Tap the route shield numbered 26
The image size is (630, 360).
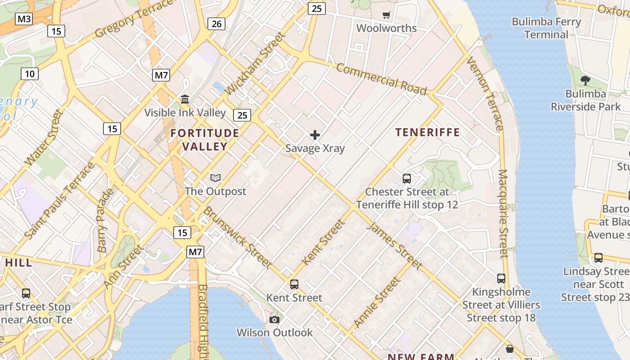[216, 24]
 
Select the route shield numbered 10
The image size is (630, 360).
[29, 74]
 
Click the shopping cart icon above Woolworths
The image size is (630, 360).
[386, 15]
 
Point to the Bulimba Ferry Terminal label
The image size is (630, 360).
[546, 28]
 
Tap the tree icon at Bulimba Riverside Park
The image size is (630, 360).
[585, 81]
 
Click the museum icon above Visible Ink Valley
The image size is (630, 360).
[185, 99]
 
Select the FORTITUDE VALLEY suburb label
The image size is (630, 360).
[205, 139]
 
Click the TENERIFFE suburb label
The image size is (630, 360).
[427, 132]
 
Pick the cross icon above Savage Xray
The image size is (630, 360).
[315, 135]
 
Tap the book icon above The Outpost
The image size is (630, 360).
[216, 178]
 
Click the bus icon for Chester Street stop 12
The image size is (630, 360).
[407, 179]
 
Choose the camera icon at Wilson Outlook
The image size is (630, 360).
[274, 320]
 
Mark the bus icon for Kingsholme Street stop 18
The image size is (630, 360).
[501, 279]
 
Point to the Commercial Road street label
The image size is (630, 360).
[381, 79]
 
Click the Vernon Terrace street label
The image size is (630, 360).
[485, 94]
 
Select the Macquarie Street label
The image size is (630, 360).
[503, 213]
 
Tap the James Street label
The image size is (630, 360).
[394, 245]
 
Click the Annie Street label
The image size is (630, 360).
[377, 302]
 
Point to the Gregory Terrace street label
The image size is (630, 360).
[134, 19]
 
